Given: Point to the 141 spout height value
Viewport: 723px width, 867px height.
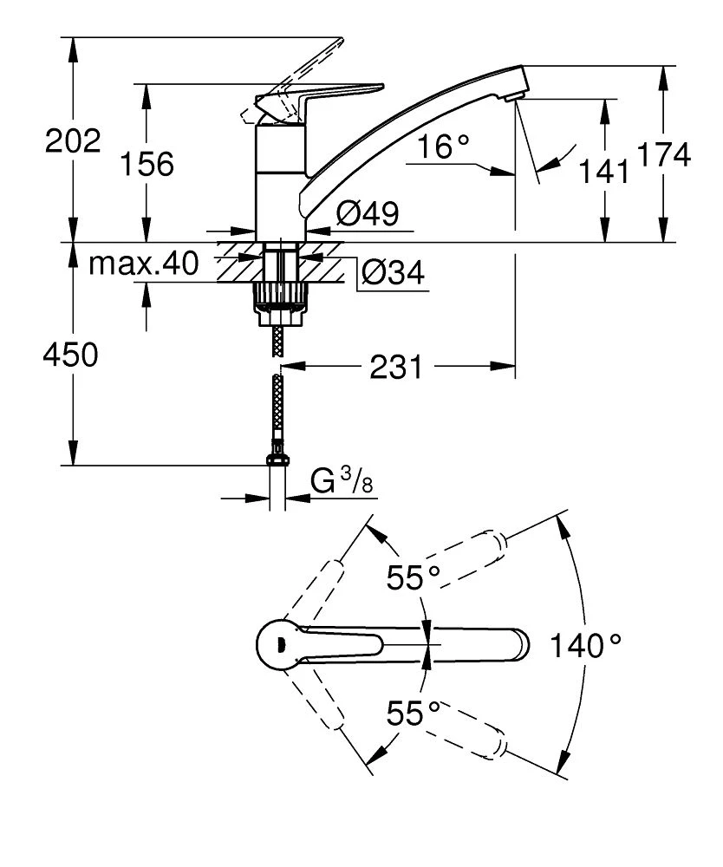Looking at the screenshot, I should (604, 172).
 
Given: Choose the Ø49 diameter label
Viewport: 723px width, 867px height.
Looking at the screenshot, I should (368, 214).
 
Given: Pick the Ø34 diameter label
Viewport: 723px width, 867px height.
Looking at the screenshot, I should (393, 274).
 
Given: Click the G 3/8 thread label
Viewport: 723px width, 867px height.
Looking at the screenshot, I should (343, 482).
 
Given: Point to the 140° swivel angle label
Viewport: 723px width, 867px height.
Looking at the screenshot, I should (590, 645).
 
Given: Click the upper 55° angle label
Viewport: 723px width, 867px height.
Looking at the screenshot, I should (414, 578).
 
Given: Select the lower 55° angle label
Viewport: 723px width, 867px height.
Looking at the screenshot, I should (414, 714).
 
